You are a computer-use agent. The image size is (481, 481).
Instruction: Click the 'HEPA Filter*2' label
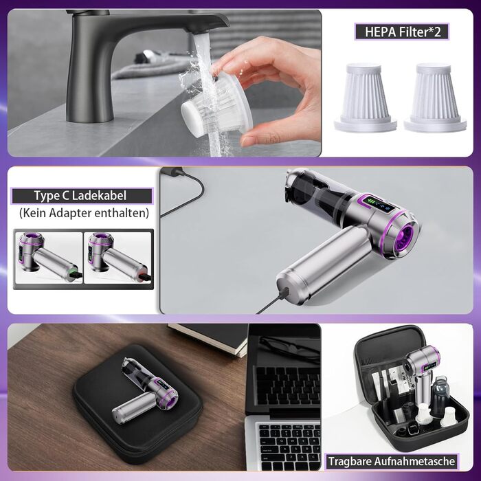[x=402, y=32]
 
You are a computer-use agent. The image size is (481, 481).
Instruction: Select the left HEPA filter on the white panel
[x=365, y=98]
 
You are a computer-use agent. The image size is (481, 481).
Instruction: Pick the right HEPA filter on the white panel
[x=435, y=98]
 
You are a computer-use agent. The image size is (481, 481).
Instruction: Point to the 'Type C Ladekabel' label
[x=81, y=196]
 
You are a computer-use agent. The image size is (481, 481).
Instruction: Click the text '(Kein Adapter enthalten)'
[x=84, y=213]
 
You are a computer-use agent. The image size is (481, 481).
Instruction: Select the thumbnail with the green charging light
[x=49, y=258]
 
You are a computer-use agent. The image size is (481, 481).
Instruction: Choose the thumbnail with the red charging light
[x=118, y=258]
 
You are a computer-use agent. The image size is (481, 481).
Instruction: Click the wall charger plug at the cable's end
[x=172, y=171]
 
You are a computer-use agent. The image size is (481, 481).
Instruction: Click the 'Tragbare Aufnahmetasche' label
[x=392, y=461]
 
